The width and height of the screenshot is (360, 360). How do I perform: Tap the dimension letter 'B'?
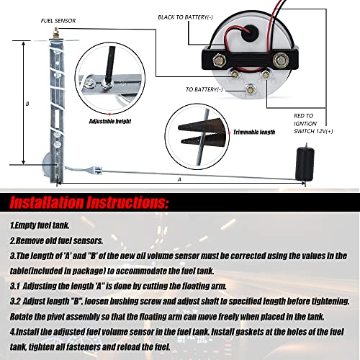pyautogui.click(x=27, y=105)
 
